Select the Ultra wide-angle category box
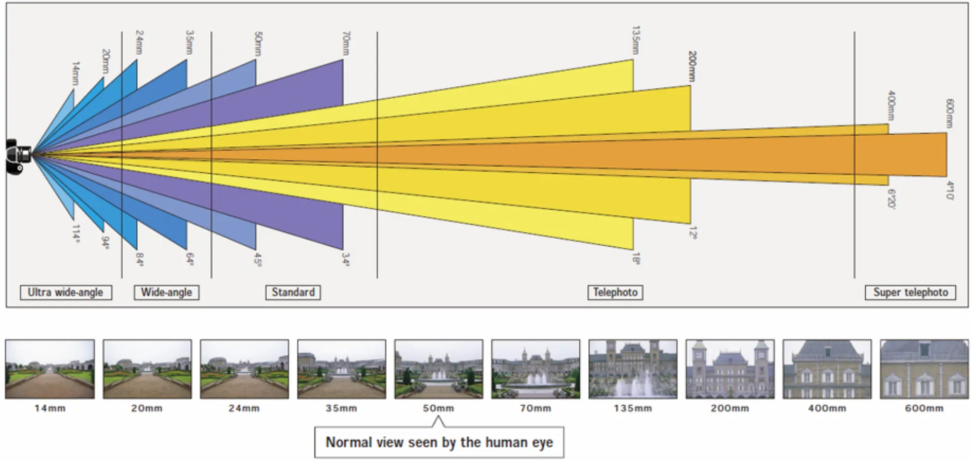(x=66, y=292)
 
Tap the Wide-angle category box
(x=166, y=292)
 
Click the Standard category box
(x=293, y=292)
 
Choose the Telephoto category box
(x=615, y=292)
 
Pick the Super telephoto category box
(x=910, y=292)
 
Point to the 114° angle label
(x=76, y=234)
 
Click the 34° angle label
(x=346, y=260)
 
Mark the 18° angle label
(x=636, y=259)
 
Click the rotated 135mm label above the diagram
(x=636, y=40)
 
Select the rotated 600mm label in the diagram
(x=949, y=113)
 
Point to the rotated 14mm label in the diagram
(x=75, y=73)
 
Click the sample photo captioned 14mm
(x=50, y=369)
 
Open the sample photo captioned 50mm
(x=439, y=369)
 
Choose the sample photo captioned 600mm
(x=924, y=369)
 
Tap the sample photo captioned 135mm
(x=633, y=369)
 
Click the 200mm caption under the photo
(x=729, y=408)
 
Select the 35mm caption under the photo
(x=341, y=408)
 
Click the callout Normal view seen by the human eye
(x=439, y=442)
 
